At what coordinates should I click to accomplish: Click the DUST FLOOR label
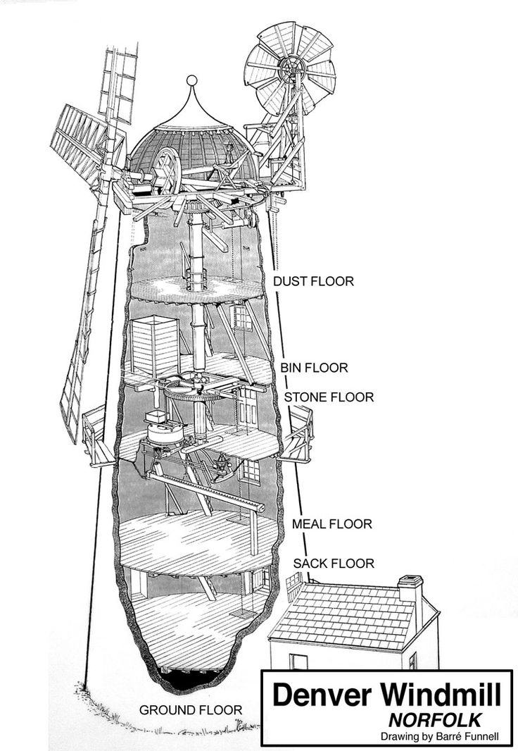[x=313, y=281]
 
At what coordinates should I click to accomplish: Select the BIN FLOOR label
[x=314, y=368]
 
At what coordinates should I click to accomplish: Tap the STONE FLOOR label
[x=329, y=397]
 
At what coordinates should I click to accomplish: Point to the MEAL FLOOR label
[x=332, y=524]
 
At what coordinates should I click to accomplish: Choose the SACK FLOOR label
[x=334, y=564]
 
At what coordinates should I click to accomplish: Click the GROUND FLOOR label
[x=191, y=710]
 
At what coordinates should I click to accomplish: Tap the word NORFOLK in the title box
[x=434, y=720]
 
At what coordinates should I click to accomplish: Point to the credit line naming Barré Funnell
[x=440, y=737]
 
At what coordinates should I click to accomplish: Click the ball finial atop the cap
[x=192, y=80]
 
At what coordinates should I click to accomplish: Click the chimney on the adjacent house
[x=410, y=589]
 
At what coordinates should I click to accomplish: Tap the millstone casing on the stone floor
[x=165, y=433]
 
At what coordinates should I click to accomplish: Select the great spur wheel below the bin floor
[x=197, y=388]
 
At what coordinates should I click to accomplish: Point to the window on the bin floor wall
[x=242, y=318]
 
